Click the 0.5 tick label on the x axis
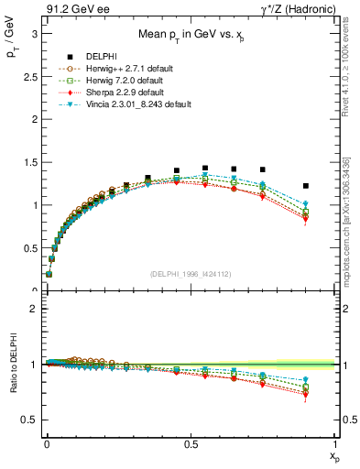click(x=190, y=443)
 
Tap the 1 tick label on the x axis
click(x=335, y=443)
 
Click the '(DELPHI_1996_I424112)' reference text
click(x=190, y=274)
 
